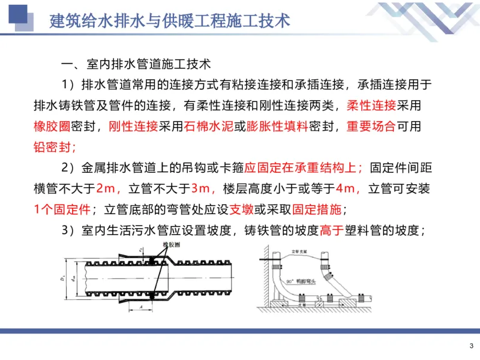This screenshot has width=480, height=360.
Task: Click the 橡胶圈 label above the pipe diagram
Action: tap(172, 246)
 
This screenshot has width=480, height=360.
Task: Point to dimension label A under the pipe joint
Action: tap(139, 305)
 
